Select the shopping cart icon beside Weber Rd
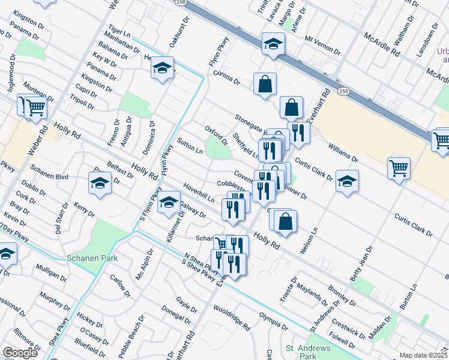tap(36, 107)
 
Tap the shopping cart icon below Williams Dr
tap(399, 168)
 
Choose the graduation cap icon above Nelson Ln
tap(346, 180)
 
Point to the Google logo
tap(20, 353)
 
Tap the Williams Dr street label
tap(343, 151)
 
